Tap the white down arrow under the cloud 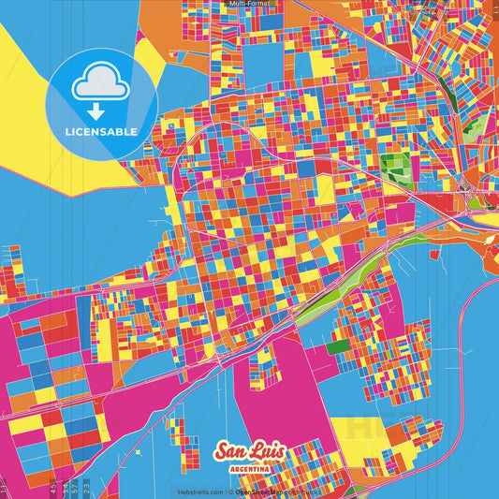click(97, 110)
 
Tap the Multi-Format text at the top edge click(249, 4)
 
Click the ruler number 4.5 click(54, 486)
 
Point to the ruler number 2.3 click(87, 486)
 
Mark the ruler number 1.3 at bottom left click(4, 487)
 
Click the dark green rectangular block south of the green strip click(337, 346)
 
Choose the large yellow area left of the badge click(23, 94)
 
